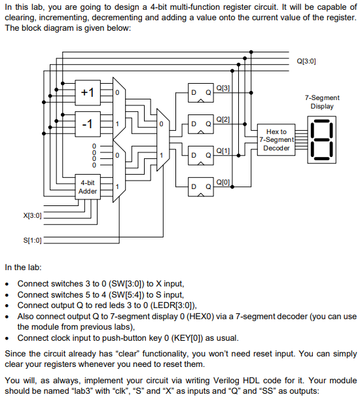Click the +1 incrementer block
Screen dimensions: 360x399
tap(88, 93)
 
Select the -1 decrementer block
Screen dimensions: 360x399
tap(88, 124)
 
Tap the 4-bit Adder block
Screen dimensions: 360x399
tap(88, 187)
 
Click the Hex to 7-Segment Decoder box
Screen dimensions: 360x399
tap(276, 140)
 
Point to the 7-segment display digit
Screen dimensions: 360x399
tap(321, 140)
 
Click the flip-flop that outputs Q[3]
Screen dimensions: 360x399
tap(201, 93)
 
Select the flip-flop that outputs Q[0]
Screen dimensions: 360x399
tap(201, 187)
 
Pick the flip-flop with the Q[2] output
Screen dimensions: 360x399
tap(201, 124)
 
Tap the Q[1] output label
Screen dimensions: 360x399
tap(223, 151)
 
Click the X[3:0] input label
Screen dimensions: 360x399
tap(32, 216)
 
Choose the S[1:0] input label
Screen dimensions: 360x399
tap(32, 240)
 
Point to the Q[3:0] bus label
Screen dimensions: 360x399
tap(306, 61)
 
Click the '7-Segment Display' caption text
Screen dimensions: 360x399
tap(322, 102)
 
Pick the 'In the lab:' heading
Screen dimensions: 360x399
tap(23, 268)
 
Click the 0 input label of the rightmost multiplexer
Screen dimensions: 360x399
tap(161, 124)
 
